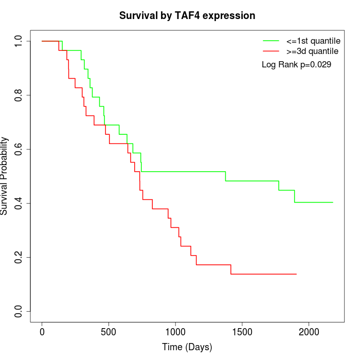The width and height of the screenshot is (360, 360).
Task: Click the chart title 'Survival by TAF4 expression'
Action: click(187, 16)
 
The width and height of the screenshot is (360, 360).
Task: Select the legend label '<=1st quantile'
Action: click(313, 41)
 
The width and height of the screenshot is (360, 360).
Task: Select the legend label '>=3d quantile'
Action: click(312, 51)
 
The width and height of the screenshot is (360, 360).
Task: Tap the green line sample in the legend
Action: click(271, 41)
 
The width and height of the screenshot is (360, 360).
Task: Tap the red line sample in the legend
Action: click(271, 51)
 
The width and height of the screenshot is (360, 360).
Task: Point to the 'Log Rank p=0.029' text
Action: click(296, 65)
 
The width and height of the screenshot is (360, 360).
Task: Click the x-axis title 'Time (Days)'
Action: click(187, 348)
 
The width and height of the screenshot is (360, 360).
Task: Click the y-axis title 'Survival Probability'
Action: click(5, 176)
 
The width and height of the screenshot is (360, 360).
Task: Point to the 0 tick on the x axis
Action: click(42, 332)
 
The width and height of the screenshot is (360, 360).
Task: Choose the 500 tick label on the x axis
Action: click(109, 332)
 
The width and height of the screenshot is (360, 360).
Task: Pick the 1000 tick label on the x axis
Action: click(175, 332)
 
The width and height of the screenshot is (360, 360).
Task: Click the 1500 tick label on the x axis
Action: click(242, 332)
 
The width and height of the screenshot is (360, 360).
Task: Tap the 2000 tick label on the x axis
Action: click(309, 332)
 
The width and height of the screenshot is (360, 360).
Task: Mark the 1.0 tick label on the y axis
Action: click(19, 41)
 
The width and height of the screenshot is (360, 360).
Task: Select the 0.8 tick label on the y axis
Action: click(19, 95)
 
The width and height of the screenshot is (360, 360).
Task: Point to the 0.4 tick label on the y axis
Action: click(19, 203)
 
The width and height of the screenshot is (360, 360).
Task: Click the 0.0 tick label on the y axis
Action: click(19, 311)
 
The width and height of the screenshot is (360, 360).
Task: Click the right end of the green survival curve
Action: click(333, 202)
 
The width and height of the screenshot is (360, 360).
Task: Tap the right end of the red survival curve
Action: click(296, 274)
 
